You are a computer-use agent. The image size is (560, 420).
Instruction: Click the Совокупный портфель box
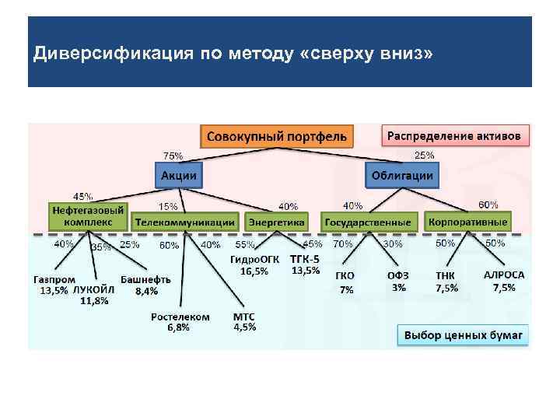(x=276, y=137)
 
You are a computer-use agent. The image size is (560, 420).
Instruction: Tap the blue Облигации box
(x=402, y=176)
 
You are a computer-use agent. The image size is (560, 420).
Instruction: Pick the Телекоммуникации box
(x=185, y=222)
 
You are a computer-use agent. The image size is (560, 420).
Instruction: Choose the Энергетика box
(x=276, y=222)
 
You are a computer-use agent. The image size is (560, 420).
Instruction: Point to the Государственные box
(x=369, y=222)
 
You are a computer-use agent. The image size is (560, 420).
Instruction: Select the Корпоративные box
(x=468, y=222)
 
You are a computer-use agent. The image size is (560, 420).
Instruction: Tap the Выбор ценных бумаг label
(x=464, y=336)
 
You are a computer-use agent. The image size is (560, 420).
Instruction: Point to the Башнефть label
(x=146, y=280)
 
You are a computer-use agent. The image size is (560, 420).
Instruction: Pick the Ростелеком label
(x=180, y=317)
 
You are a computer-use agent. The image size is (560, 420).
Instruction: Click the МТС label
(x=244, y=317)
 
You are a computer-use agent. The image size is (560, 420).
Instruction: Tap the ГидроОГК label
(x=254, y=259)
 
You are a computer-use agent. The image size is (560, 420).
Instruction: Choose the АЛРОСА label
(x=504, y=275)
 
